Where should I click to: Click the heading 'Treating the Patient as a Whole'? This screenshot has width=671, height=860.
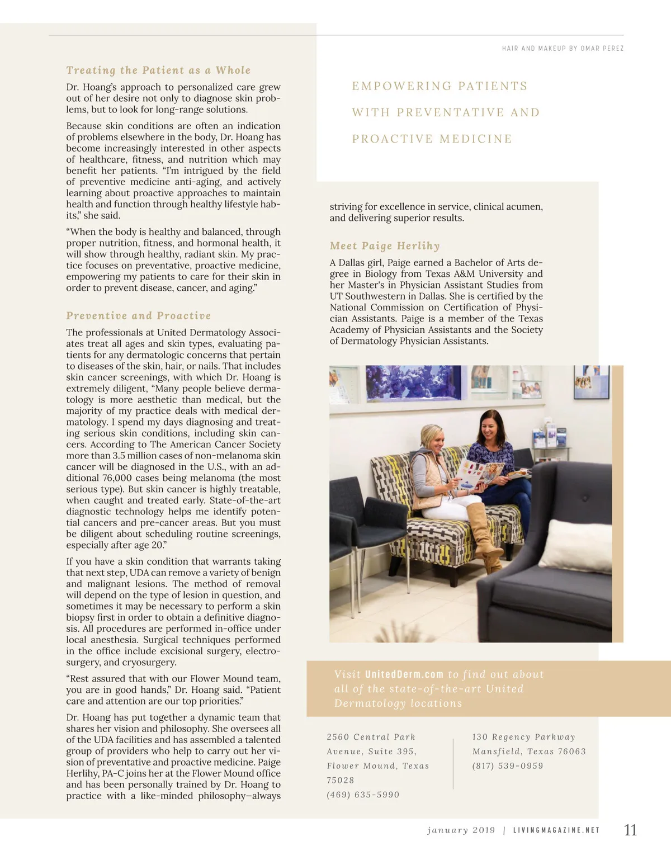(158, 70)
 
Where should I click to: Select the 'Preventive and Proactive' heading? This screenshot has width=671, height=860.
(139, 316)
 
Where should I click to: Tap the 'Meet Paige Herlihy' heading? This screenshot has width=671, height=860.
(385, 246)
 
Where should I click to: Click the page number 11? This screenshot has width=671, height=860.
(630, 830)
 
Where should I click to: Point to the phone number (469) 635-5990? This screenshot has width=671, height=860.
(363, 795)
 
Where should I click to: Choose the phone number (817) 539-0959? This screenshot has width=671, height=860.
(508, 766)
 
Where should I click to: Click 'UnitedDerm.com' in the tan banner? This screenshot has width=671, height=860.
(404, 674)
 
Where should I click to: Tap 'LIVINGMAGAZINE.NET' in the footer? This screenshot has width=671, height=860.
(556, 830)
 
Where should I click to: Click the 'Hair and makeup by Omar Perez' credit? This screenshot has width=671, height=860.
(563, 49)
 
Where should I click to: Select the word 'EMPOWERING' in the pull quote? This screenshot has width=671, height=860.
(401, 86)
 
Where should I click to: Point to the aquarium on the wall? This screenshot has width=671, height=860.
(414, 383)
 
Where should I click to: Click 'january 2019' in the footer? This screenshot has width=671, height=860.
(461, 830)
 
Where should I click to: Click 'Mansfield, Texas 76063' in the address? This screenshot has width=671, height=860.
(529, 752)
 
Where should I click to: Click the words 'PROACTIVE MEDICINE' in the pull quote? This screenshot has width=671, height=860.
(432, 139)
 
